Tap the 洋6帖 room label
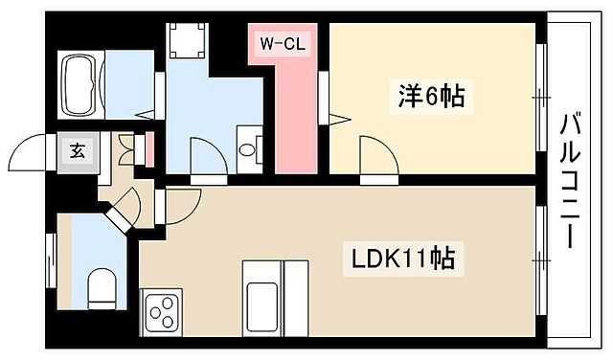431,97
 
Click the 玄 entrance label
76,150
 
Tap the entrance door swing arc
26,153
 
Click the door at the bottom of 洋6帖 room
377,157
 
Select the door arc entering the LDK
183,202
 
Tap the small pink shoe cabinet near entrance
148,151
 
